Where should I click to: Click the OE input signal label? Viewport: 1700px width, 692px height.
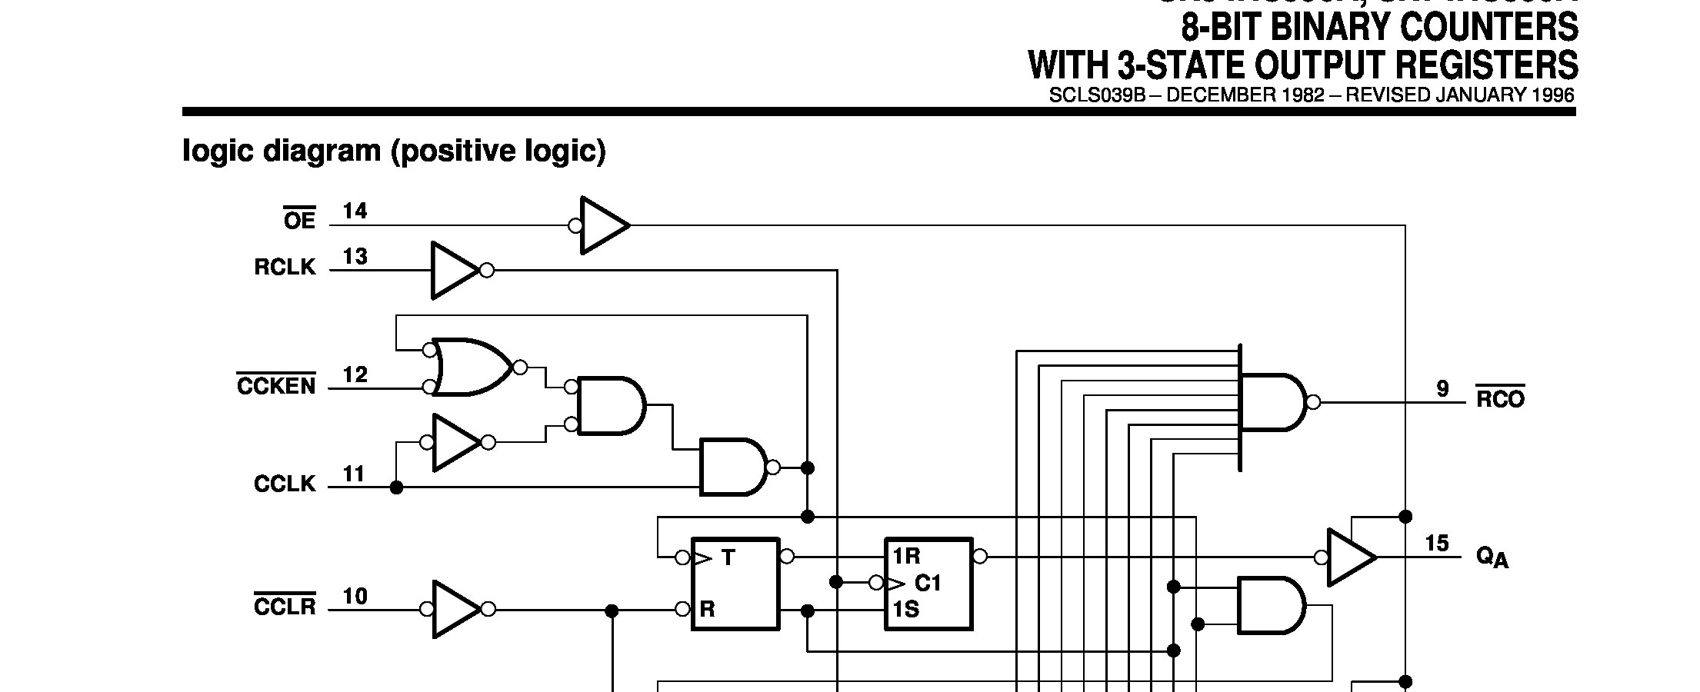pyautogui.click(x=299, y=221)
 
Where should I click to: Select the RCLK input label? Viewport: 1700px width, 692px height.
pyautogui.click(x=285, y=267)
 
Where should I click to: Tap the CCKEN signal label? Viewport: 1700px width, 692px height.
pyautogui.click(x=276, y=385)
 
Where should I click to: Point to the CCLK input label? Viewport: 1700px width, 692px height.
pyautogui.click(x=285, y=484)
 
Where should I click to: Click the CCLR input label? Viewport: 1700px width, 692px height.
pyautogui.click(x=285, y=607)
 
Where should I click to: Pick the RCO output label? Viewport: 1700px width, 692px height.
pyautogui.click(x=1500, y=399)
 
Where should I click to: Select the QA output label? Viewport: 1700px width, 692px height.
pyautogui.click(x=1492, y=557)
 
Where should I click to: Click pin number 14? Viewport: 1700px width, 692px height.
pyautogui.click(x=355, y=211)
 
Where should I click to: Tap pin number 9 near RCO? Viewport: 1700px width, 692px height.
pyautogui.click(x=1442, y=389)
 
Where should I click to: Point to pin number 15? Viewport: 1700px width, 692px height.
pyautogui.click(x=1437, y=544)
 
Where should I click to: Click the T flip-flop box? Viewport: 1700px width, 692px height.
pyautogui.click(x=735, y=584)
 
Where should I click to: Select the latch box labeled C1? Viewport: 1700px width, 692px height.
pyautogui.click(x=928, y=584)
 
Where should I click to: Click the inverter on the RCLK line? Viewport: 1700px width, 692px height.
pyautogui.click(x=456, y=271)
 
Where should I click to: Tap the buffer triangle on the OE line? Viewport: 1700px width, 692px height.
pyautogui.click(x=605, y=225)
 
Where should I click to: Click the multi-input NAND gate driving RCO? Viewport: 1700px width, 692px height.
pyautogui.click(x=1272, y=402)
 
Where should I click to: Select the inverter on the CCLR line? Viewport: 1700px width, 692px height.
pyautogui.click(x=457, y=609)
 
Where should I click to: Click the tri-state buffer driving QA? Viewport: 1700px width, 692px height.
pyautogui.click(x=1351, y=557)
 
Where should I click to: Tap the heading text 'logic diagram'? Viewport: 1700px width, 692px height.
pyautogui.click(x=282, y=151)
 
